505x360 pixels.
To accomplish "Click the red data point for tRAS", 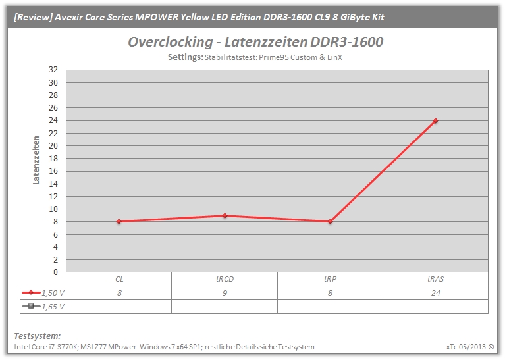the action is tap(435, 120).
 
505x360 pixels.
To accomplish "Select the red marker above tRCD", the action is tap(225, 215).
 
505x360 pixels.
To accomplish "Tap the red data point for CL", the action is tap(119, 222).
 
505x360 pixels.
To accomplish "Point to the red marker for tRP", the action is tap(330, 222).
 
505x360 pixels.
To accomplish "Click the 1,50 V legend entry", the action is tap(43, 293).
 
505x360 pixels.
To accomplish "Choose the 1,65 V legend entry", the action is tap(43, 307).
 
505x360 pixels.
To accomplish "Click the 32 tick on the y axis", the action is tap(53, 70).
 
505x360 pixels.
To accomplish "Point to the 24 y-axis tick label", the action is tap(53, 120).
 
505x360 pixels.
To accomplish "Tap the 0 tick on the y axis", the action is tap(56, 272).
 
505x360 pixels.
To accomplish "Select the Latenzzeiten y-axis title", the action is tap(36, 160).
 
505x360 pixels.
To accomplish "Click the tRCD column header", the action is tap(225, 279).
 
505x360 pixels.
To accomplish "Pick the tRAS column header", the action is tap(435, 279).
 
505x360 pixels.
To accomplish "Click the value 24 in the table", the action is tap(436, 293).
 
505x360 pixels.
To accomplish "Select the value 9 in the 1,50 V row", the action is tap(225, 293).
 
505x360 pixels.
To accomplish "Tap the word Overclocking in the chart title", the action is tap(171, 42).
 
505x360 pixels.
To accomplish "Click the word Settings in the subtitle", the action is tap(186, 57).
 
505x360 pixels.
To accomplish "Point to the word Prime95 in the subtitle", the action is tap(274, 57).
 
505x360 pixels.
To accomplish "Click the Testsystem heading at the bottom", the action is tap(38, 336).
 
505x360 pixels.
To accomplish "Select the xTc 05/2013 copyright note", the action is tap(470, 347).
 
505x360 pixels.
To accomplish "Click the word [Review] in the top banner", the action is tap(33, 17).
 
